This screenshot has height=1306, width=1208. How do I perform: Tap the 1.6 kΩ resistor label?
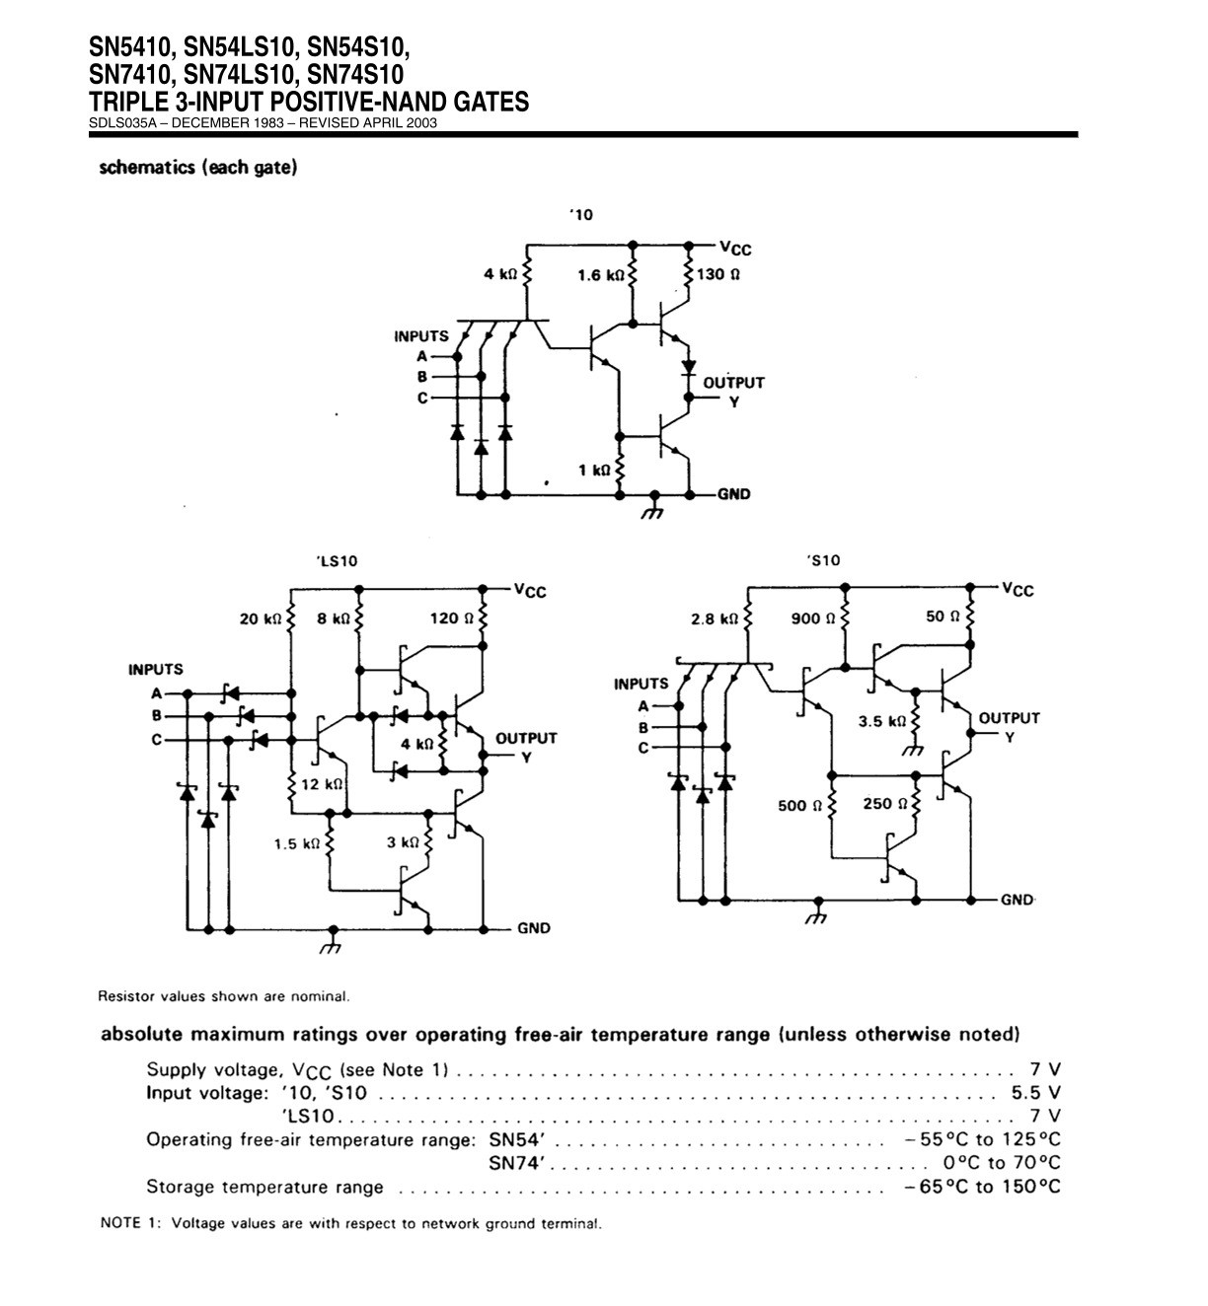601,275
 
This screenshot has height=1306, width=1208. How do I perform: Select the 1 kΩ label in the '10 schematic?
594,471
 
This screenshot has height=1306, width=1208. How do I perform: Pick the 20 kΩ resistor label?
260,618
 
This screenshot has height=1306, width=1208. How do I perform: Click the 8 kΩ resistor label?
334,618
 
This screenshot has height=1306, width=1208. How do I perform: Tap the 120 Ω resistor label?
451,618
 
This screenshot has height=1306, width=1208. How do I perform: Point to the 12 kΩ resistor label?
322,784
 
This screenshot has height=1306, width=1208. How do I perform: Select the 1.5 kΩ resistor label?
297,843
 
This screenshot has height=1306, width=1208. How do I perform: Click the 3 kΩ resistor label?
403,842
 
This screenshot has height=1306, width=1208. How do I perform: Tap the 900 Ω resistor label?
812,618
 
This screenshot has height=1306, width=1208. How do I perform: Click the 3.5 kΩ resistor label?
881,721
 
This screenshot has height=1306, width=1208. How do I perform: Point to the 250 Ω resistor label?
885,804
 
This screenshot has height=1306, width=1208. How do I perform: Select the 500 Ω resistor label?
799,806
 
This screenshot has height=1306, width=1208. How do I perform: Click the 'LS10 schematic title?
337,561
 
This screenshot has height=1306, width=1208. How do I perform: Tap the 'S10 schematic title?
823,560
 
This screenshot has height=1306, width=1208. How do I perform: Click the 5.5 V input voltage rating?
1035,1092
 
